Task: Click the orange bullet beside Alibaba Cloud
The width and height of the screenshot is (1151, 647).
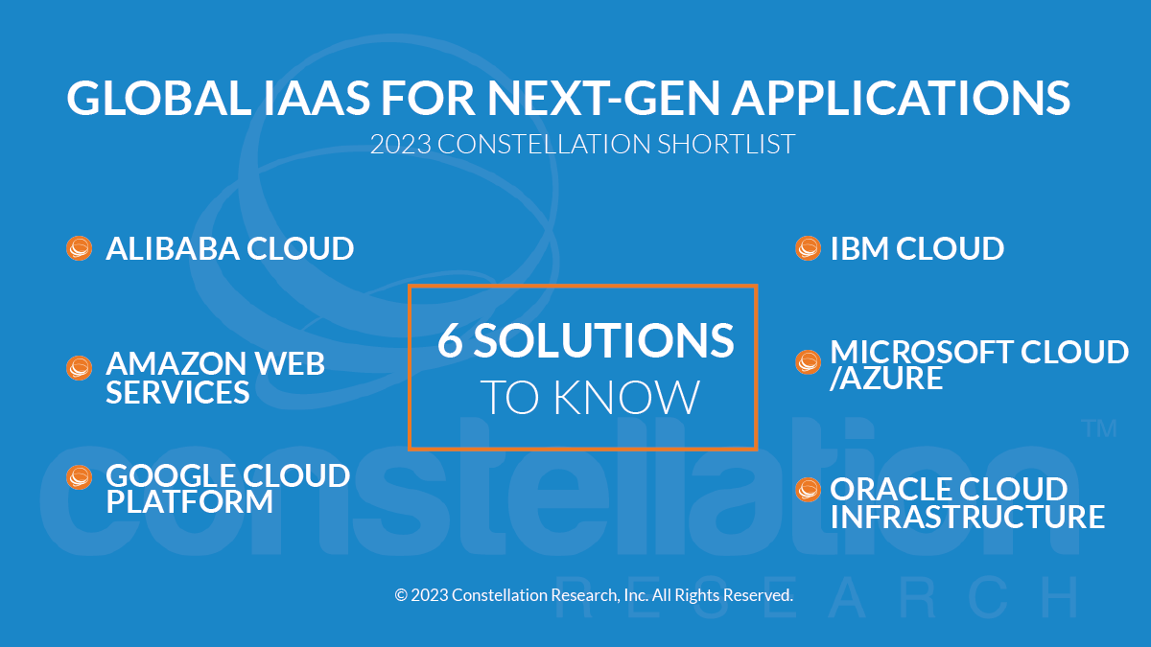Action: point(79,248)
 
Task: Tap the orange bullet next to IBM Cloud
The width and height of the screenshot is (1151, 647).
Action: point(808,248)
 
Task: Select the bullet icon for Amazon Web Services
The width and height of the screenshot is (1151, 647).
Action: point(79,368)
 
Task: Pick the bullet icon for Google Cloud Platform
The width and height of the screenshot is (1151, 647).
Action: point(79,477)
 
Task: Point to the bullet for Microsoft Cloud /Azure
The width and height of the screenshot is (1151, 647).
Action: point(808,362)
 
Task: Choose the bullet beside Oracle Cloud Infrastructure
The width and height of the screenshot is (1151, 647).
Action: point(808,490)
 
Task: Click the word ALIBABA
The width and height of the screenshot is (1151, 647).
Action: point(173,248)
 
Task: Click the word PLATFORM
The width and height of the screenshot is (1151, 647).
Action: point(189,501)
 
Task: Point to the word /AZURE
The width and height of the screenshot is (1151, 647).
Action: point(886,379)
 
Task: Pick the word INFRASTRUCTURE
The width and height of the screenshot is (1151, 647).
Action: point(968,517)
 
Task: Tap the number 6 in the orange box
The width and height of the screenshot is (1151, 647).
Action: point(450,340)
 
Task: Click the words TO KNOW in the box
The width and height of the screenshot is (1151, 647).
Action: point(590,398)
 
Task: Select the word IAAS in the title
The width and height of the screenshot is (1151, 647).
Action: point(317,98)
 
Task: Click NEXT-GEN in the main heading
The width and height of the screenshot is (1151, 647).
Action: point(603,98)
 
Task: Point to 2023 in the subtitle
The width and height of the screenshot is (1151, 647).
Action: point(400,145)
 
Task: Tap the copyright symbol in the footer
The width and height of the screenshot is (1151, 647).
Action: point(400,595)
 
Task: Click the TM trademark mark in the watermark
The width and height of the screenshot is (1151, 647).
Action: point(1099,428)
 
